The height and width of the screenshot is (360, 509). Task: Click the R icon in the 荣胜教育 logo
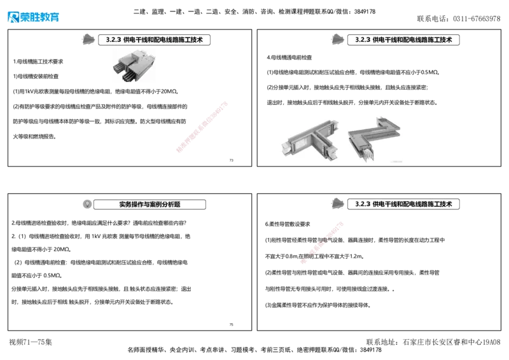pyautogui.click(x=13, y=17)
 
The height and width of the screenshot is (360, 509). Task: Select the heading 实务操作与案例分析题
pyautogui.click(x=150, y=205)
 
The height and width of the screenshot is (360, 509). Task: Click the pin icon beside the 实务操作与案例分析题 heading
pyautogui.click(x=87, y=204)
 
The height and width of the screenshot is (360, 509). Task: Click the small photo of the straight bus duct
pyautogui.click(x=134, y=66)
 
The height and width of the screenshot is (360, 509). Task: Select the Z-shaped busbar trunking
pyautogui.click(x=374, y=137)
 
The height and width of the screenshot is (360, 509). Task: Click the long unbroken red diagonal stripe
pyautogui.click(x=202, y=126)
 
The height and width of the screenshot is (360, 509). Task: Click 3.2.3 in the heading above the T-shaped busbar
pyautogui.click(x=362, y=39)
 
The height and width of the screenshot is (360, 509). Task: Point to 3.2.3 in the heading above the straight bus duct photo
pyautogui.click(x=113, y=39)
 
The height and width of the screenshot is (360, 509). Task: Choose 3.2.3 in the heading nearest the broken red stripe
pyautogui.click(x=362, y=205)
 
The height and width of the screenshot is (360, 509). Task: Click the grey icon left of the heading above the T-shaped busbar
pyautogui.click(x=338, y=38)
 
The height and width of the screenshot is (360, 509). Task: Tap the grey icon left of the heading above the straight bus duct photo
pyautogui.click(x=89, y=38)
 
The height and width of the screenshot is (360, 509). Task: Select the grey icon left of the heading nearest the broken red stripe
pyautogui.click(x=338, y=203)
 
